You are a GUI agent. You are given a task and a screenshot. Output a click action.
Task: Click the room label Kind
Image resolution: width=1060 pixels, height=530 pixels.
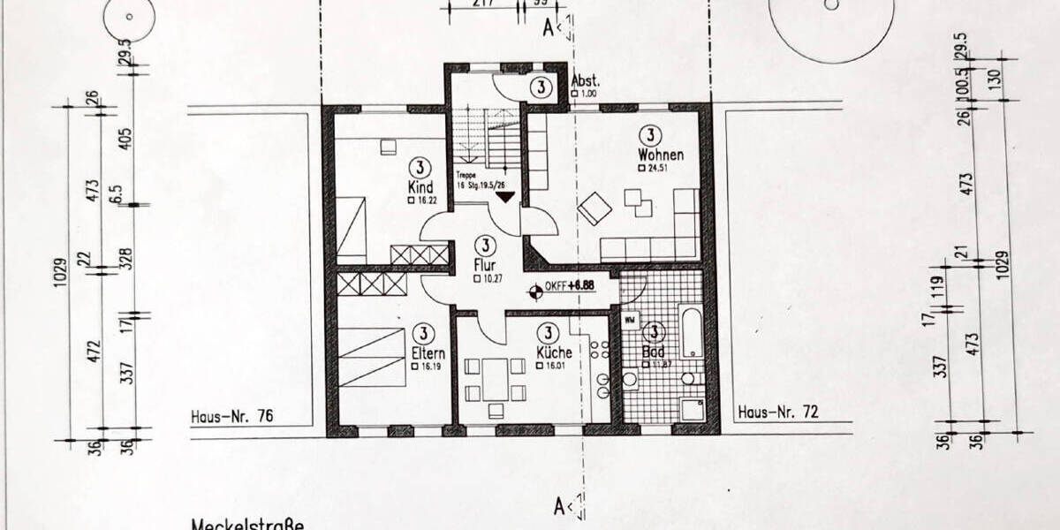(x=420, y=187)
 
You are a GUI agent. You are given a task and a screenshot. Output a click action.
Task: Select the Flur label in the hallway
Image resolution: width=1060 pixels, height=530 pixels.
(x=486, y=265)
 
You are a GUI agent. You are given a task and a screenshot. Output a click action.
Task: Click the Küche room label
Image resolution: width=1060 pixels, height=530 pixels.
(x=553, y=352)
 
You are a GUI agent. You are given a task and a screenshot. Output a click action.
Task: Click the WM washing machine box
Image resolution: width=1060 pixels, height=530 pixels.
(x=631, y=320)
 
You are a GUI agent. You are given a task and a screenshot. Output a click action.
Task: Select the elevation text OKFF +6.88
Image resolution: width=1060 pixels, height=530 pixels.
(x=571, y=286)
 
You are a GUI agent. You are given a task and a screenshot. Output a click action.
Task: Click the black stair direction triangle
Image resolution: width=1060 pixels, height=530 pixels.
(x=503, y=196)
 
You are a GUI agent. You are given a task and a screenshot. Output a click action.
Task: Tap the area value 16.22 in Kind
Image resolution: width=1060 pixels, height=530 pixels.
(x=423, y=201)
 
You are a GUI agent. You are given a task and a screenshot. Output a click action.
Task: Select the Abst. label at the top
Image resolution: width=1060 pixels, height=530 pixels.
(x=587, y=79)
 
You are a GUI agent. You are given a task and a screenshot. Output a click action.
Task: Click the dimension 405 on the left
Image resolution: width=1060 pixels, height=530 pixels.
(x=125, y=139)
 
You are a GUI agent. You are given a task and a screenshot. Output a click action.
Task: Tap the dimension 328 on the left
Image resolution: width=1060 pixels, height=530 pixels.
(x=125, y=257)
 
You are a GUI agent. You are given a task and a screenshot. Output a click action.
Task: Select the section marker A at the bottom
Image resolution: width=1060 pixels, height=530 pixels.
(x=559, y=506)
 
